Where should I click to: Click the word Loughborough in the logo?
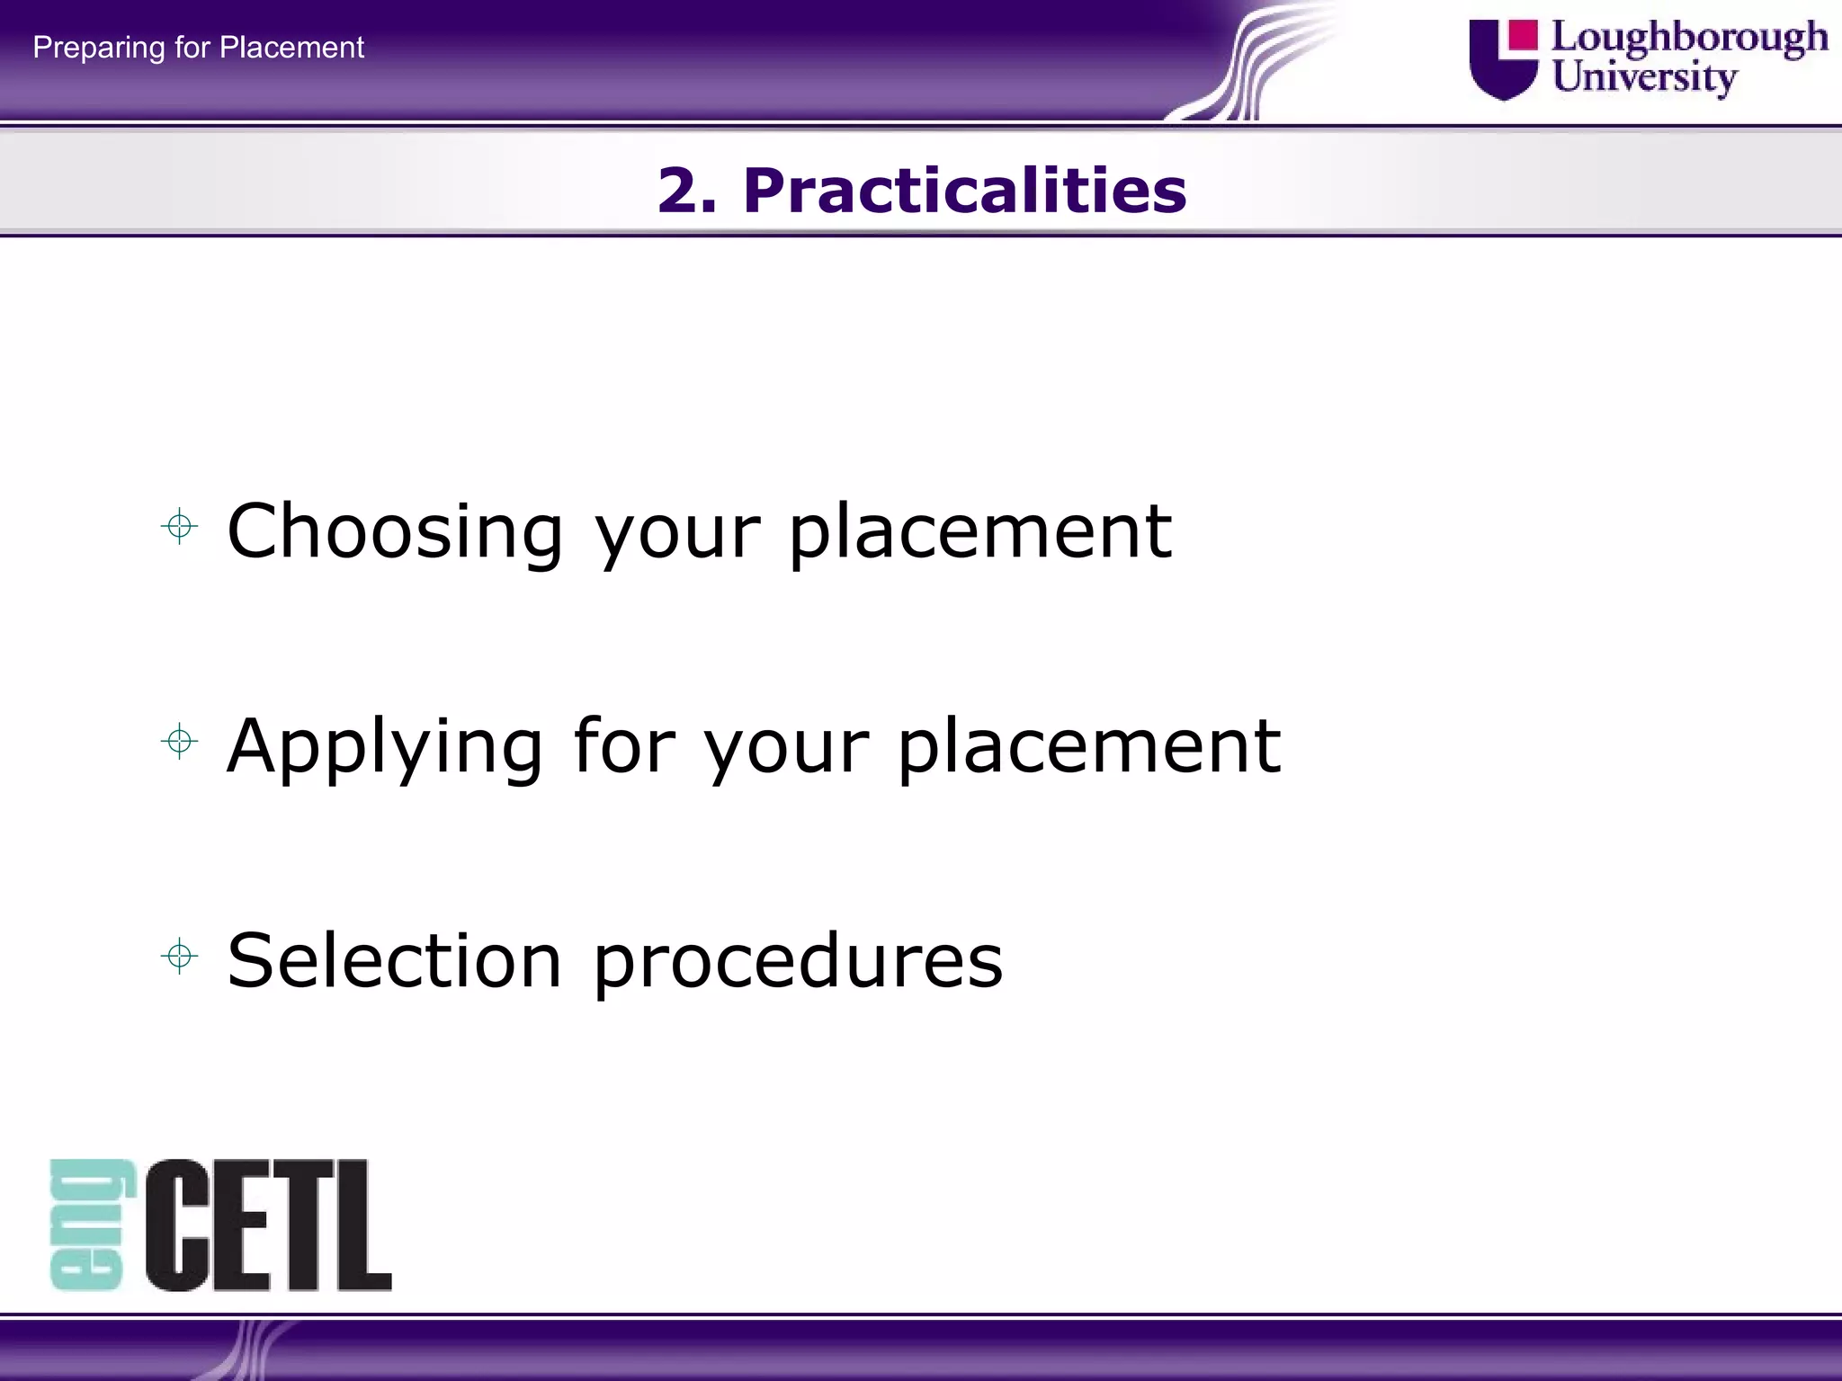pyautogui.click(x=1689, y=39)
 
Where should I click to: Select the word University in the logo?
pyautogui.click(x=1644, y=77)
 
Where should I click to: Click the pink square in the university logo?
pyautogui.click(x=1523, y=35)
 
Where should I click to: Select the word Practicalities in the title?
pyautogui.click(x=964, y=191)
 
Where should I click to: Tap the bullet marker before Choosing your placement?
pyautogui.click(x=179, y=527)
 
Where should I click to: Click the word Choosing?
pyautogui.click(x=394, y=532)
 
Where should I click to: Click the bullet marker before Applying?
pyautogui.click(x=179, y=742)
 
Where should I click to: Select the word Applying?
pyautogui.click(x=385, y=748)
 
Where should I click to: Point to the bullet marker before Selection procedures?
pyautogui.click(x=179, y=956)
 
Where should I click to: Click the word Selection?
pyautogui.click(x=394, y=960)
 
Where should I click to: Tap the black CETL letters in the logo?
pyautogui.click(x=268, y=1225)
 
